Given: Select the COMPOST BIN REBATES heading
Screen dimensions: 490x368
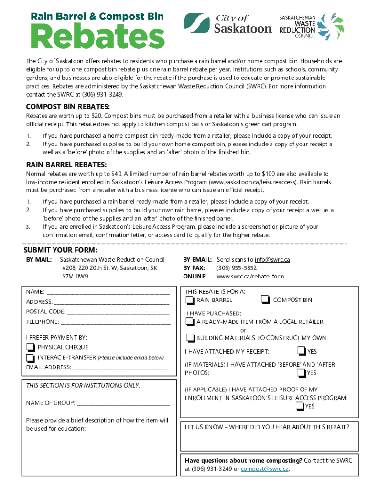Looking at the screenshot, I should click(x=67, y=106).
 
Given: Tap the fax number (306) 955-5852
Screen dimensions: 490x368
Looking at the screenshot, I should click(x=237, y=268).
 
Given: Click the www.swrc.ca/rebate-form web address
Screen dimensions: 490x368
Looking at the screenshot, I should click(x=244, y=277).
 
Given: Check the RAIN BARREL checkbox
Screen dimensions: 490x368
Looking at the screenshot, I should click(x=190, y=300).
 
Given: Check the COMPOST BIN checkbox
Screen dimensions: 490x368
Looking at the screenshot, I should click(x=265, y=300).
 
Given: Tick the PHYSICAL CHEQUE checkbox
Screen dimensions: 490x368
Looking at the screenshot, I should click(x=31, y=347).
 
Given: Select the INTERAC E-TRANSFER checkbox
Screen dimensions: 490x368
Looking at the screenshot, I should click(x=31, y=358).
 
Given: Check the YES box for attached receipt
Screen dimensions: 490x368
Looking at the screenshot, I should click(x=301, y=352).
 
